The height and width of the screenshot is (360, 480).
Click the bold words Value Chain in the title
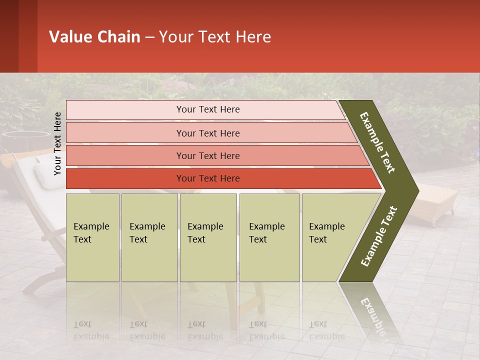(94, 37)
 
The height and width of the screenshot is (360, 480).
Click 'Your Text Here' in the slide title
(215, 37)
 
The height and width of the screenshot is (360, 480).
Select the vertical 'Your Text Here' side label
(57, 143)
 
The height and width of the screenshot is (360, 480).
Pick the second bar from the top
(208, 133)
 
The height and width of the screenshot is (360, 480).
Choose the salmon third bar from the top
(208, 156)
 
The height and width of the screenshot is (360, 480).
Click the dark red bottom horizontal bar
(208, 178)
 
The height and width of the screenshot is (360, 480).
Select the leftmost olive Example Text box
(92, 237)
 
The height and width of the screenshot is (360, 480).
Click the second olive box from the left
(149, 237)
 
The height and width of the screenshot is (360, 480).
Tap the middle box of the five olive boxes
(208, 237)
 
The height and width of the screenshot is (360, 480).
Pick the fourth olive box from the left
(269, 237)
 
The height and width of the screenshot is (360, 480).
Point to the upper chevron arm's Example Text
(377, 142)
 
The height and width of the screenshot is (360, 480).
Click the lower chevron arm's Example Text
(379, 236)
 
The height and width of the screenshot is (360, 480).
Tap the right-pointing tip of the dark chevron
(412, 190)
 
